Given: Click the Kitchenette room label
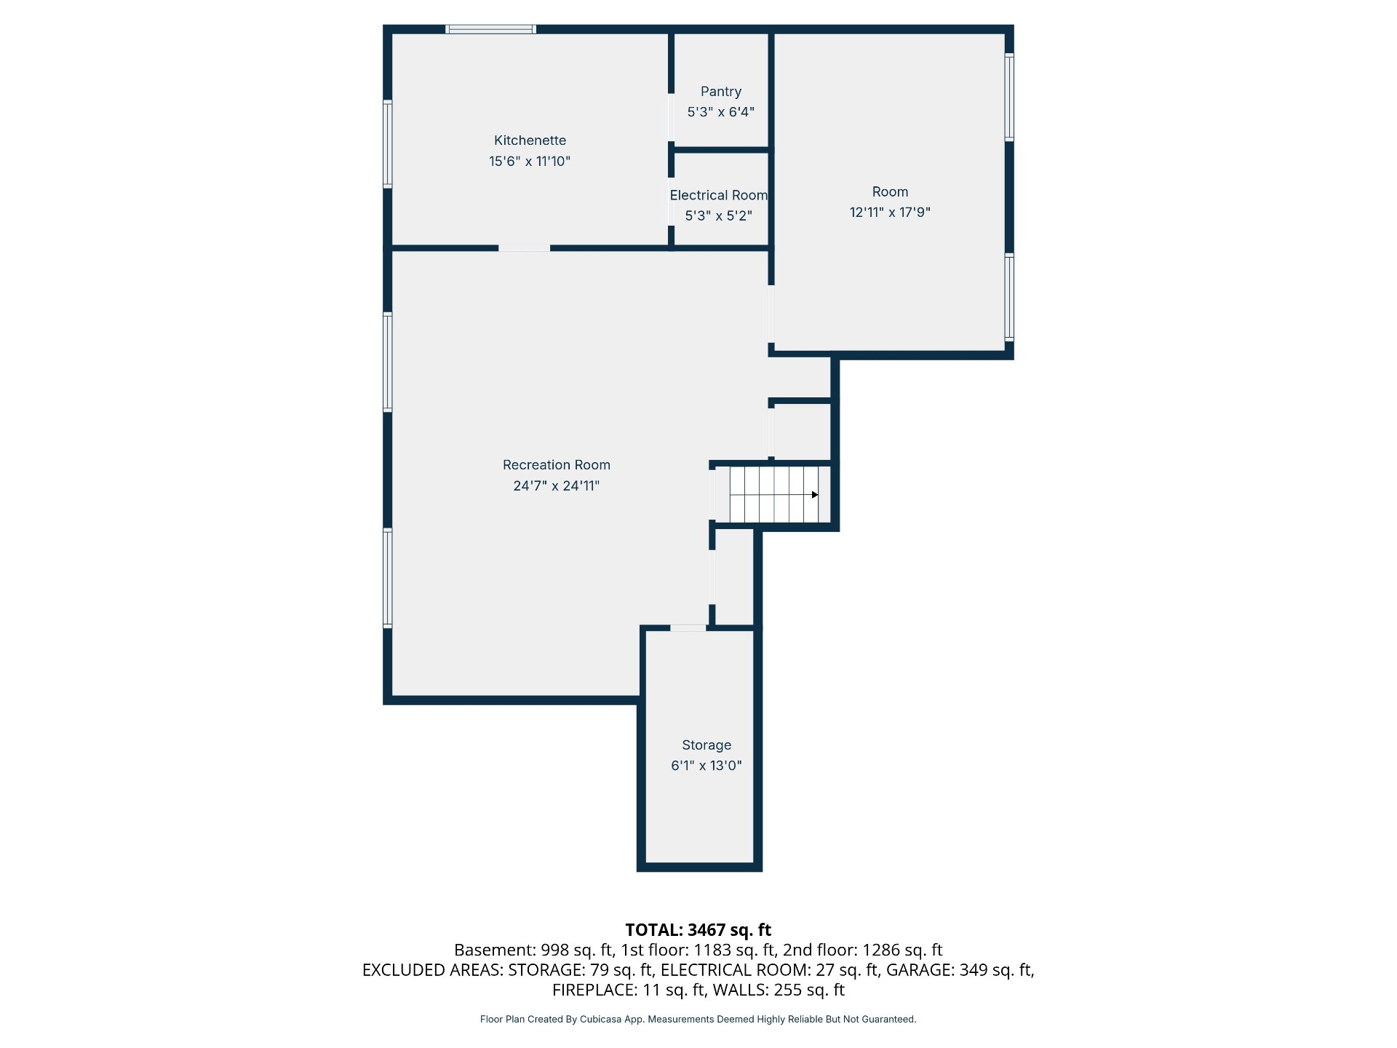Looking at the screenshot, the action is tap(530, 140).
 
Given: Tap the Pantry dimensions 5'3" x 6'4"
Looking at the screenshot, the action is tap(720, 112).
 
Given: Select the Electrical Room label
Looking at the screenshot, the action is tap(719, 195).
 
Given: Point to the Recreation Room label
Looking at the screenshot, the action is tap(557, 465).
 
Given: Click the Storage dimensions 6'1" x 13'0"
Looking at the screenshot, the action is tap(707, 766).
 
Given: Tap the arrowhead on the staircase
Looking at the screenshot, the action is tap(815, 495).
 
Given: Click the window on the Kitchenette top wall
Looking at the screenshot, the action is tap(491, 29).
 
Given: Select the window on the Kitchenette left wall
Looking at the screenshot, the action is tap(388, 144).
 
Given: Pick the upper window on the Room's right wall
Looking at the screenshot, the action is tap(1009, 97).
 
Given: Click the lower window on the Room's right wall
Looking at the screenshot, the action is tap(1009, 297).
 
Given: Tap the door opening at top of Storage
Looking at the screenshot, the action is tap(688, 628).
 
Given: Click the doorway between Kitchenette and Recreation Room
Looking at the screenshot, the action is tap(524, 248).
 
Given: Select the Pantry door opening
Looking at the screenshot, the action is tap(671, 118).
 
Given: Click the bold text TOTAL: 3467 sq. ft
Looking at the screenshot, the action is tap(698, 930).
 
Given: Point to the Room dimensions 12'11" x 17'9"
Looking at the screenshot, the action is tap(890, 213).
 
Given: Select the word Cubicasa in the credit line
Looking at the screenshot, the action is tap(601, 1020).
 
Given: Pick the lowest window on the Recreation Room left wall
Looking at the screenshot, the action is tap(388, 578).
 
